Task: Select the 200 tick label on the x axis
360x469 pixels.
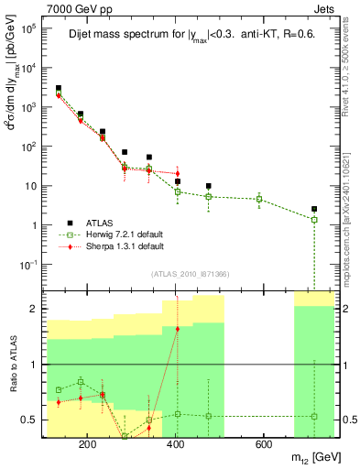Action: point(88,444)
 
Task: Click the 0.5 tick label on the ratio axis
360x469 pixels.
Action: point(30,420)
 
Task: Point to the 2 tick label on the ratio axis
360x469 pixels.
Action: point(35,309)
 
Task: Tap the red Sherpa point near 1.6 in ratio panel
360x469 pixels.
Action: point(177,329)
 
